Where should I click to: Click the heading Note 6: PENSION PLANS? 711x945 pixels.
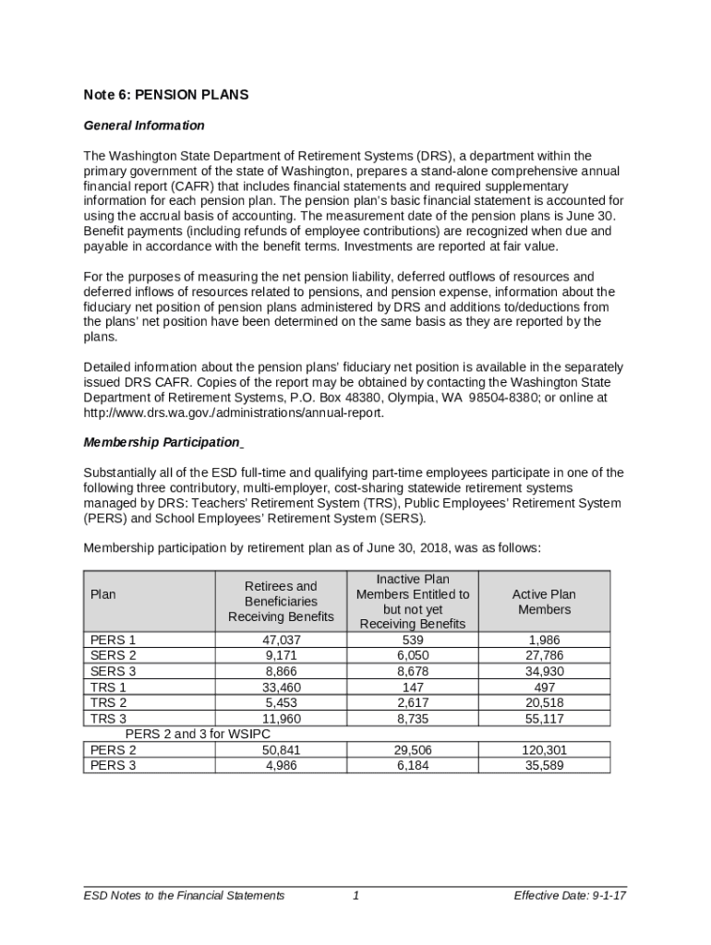[166, 95]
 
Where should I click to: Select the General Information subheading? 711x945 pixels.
[144, 126]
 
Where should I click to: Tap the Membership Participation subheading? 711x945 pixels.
[162, 442]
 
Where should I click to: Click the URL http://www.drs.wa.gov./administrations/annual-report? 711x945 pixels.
[233, 413]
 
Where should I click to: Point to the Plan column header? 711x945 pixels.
[103, 594]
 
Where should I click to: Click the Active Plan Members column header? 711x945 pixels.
[544, 602]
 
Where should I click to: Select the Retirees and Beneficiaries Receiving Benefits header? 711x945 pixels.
[281, 601]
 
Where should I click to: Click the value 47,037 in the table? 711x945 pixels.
[281, 640]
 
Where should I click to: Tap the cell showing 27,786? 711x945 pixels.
[544, 655]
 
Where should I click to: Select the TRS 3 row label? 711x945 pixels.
[108, 718]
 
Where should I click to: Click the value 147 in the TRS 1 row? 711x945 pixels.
[413, 687]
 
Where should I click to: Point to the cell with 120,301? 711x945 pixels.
[544, 750]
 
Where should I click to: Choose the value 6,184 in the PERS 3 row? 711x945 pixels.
[413, 765]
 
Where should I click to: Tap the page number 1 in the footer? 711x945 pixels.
[355, 895]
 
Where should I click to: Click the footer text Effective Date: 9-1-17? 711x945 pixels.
[571, 895]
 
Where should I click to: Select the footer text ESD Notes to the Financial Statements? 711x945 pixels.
[184, 895]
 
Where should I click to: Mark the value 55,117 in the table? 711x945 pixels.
[544, 718]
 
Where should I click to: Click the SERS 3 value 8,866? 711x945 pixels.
[281, 671]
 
